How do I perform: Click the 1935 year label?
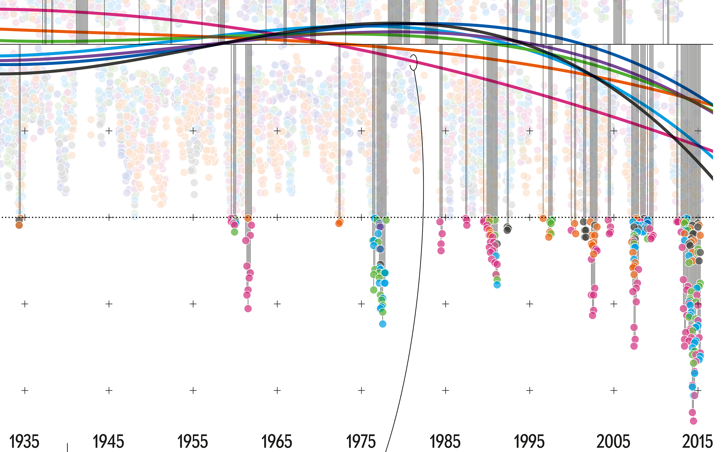[24, 442]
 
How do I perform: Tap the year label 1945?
[108, 442]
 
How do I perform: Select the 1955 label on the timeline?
[193, 442]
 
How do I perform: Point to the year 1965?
[277, 442]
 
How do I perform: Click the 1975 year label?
[361, 442]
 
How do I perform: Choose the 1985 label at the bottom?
[445, 442]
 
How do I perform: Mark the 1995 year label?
[529, 442]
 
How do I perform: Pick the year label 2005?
[613, 442]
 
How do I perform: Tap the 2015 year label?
[697, 442]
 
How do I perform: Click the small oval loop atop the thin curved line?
[413, 62]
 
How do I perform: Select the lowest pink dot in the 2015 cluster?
[693, 421]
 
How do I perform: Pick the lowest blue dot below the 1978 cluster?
[382, 324]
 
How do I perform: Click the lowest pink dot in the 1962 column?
[248, 308]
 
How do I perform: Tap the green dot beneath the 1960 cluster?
[234, 232]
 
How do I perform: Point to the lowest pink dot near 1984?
[441, 251]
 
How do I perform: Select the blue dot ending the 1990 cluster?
[497, 284]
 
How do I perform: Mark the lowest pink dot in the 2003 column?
[593, 315]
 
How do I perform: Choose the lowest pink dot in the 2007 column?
[634, 346]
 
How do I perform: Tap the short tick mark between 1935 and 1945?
[67, 447]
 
